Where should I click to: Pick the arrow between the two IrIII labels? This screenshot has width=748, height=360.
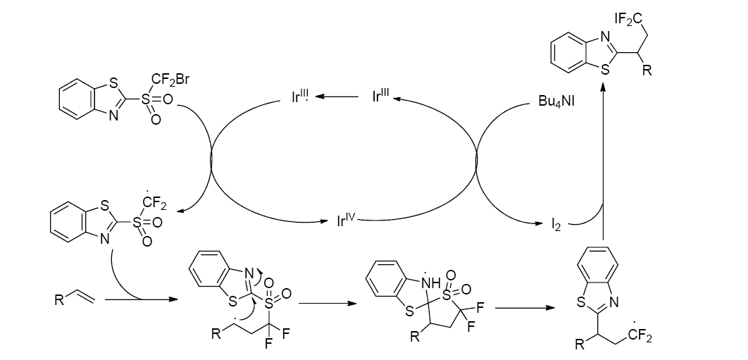click(x=344, y=99)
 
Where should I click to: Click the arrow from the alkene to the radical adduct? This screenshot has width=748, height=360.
click(x=137, y=301)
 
